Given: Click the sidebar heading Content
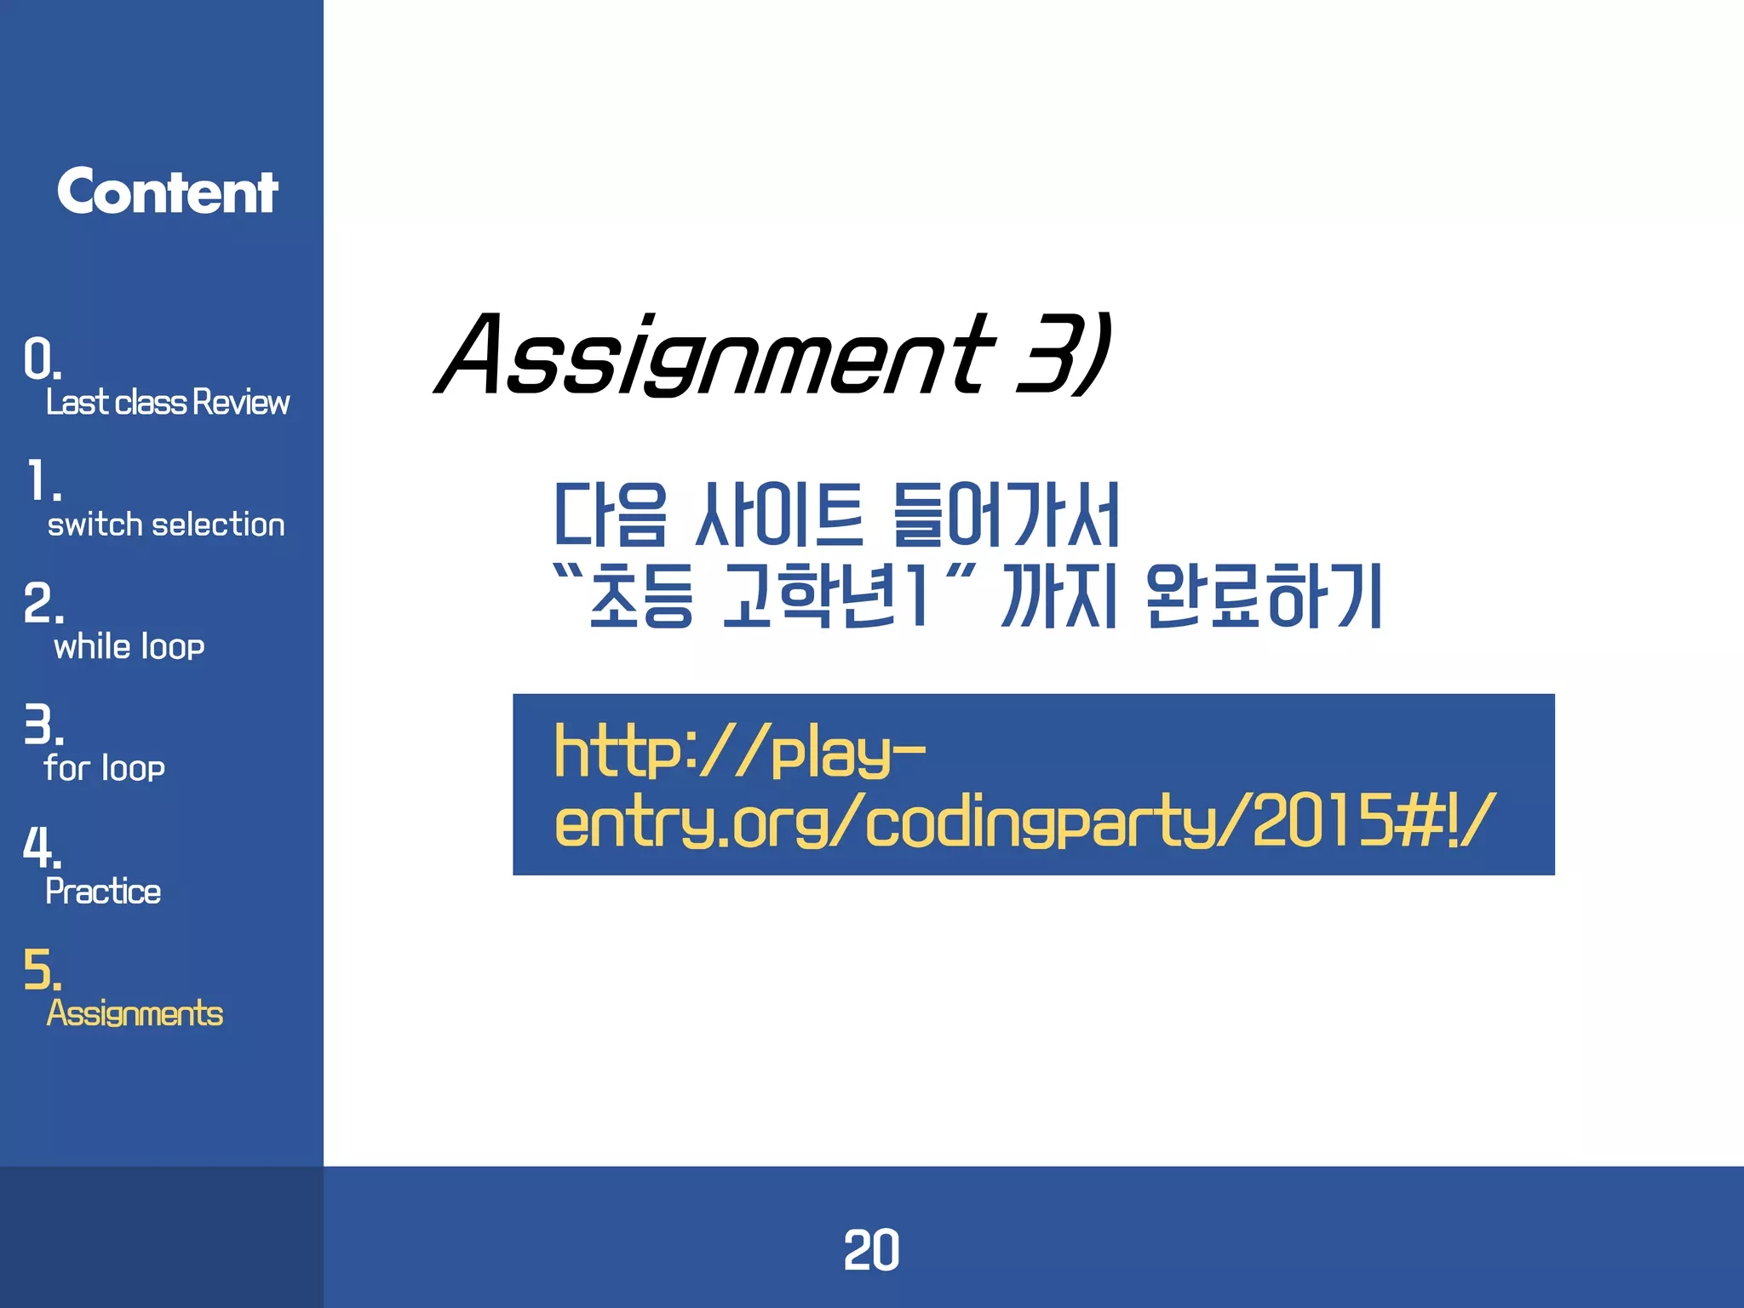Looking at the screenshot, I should click(167, 192).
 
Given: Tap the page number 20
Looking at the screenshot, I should click(871, 1250).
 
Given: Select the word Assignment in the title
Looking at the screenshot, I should click(715, 355).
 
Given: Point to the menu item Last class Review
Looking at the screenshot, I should click(168, 402).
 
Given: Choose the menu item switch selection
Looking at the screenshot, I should click(166, 525).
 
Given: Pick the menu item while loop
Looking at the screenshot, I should click(129, 647).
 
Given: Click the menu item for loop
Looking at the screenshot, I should click(105, 768).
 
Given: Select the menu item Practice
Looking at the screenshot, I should click(103, 892).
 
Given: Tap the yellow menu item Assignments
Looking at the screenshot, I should click(135, 1013).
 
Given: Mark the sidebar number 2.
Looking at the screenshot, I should click(43, 604).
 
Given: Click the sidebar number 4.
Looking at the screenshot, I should click(42, 846).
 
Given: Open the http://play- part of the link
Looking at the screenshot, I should click(739, 751).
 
